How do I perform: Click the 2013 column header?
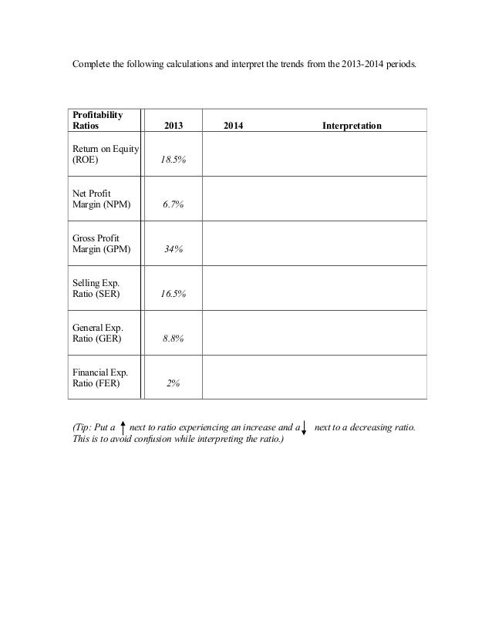tap(174, 124)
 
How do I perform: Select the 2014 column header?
tap(233, 124)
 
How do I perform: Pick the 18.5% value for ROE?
tap(177, 160)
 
